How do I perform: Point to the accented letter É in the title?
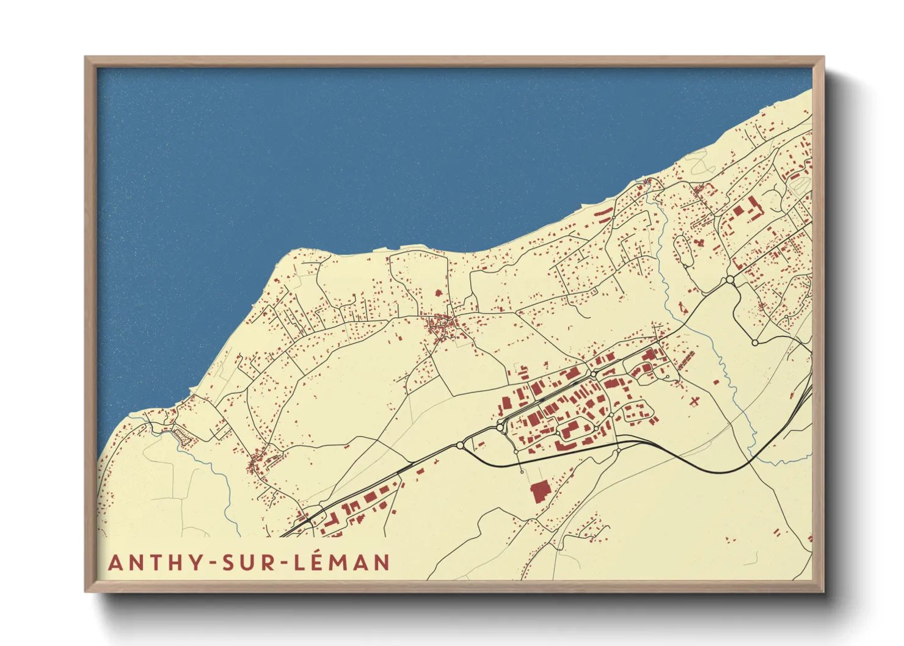click(x=320, y=561)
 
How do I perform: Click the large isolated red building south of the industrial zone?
click(x=539, y=491)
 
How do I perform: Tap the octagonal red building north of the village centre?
click(x=437, y=292)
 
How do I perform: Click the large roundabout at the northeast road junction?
click(x=730, y=280)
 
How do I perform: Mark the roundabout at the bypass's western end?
click(x=460, y=445)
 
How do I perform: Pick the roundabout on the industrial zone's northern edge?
click(x=593, y=374)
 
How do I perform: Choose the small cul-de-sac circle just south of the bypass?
click(x=521, y=471)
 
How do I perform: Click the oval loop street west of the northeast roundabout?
click(x=682, y=250)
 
